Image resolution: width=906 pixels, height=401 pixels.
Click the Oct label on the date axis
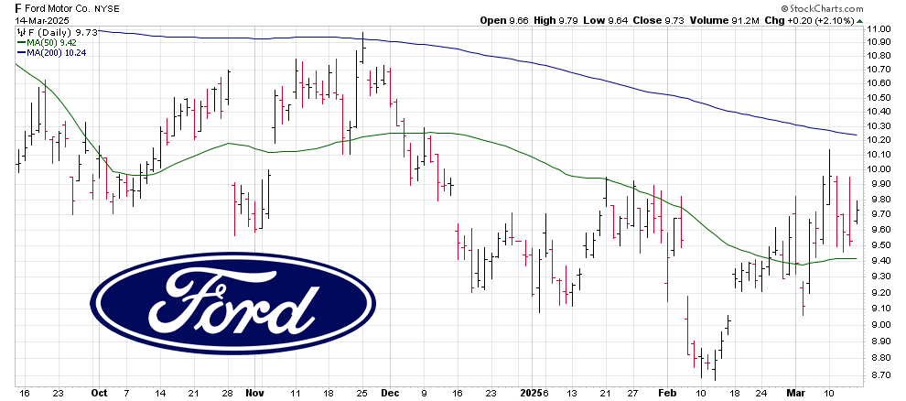tap(99, 392)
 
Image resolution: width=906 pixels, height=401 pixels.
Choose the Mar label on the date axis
tap(796, 392)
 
